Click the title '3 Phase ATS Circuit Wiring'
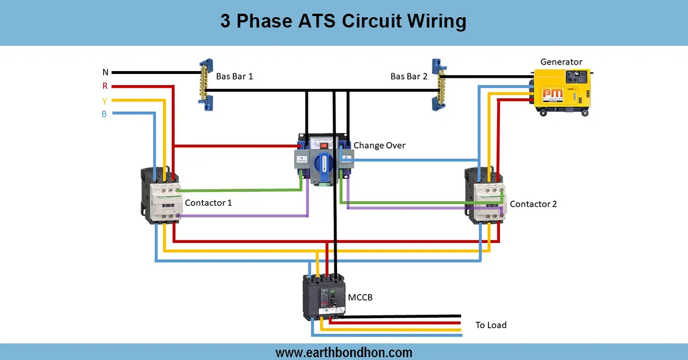(343, 22)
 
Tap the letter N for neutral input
(105, 72)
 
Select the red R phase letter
(105, 87)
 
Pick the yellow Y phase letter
(105, 101)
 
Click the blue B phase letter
(104, 114)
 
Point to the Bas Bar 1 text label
(234, 76)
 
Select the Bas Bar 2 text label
(409, 76)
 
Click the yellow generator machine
(561, 91)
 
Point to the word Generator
(561, 62)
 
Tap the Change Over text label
(379, 146)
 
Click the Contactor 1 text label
(208, 203)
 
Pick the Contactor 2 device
(484, 195)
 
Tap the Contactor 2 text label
(533, 204)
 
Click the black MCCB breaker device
(324, 297)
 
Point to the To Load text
(491, 325)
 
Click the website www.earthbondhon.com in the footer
(343, 352)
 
